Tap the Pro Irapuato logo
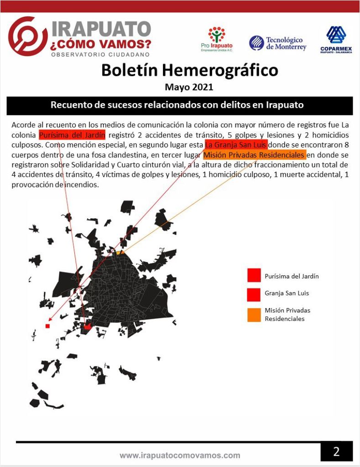[x=217, y=39]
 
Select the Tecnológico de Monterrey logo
[x=277, y=43]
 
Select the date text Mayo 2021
[x=189, y=86]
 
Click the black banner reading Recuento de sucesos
[x=179, y=105]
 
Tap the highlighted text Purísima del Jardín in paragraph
[x=73, y=135]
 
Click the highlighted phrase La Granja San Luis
[x=236, y=145]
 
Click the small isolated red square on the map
[x=47, y=326]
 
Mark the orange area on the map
[x=119, y=252]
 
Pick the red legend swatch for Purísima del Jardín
[x=254, y=276]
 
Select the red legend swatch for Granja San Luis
[x=254, y=294]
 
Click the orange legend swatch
[x=254, y=315]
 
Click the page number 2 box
[x=336, y=452]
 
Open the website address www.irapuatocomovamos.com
[x=180, y=455]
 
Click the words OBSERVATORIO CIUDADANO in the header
[x=100, y=54]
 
